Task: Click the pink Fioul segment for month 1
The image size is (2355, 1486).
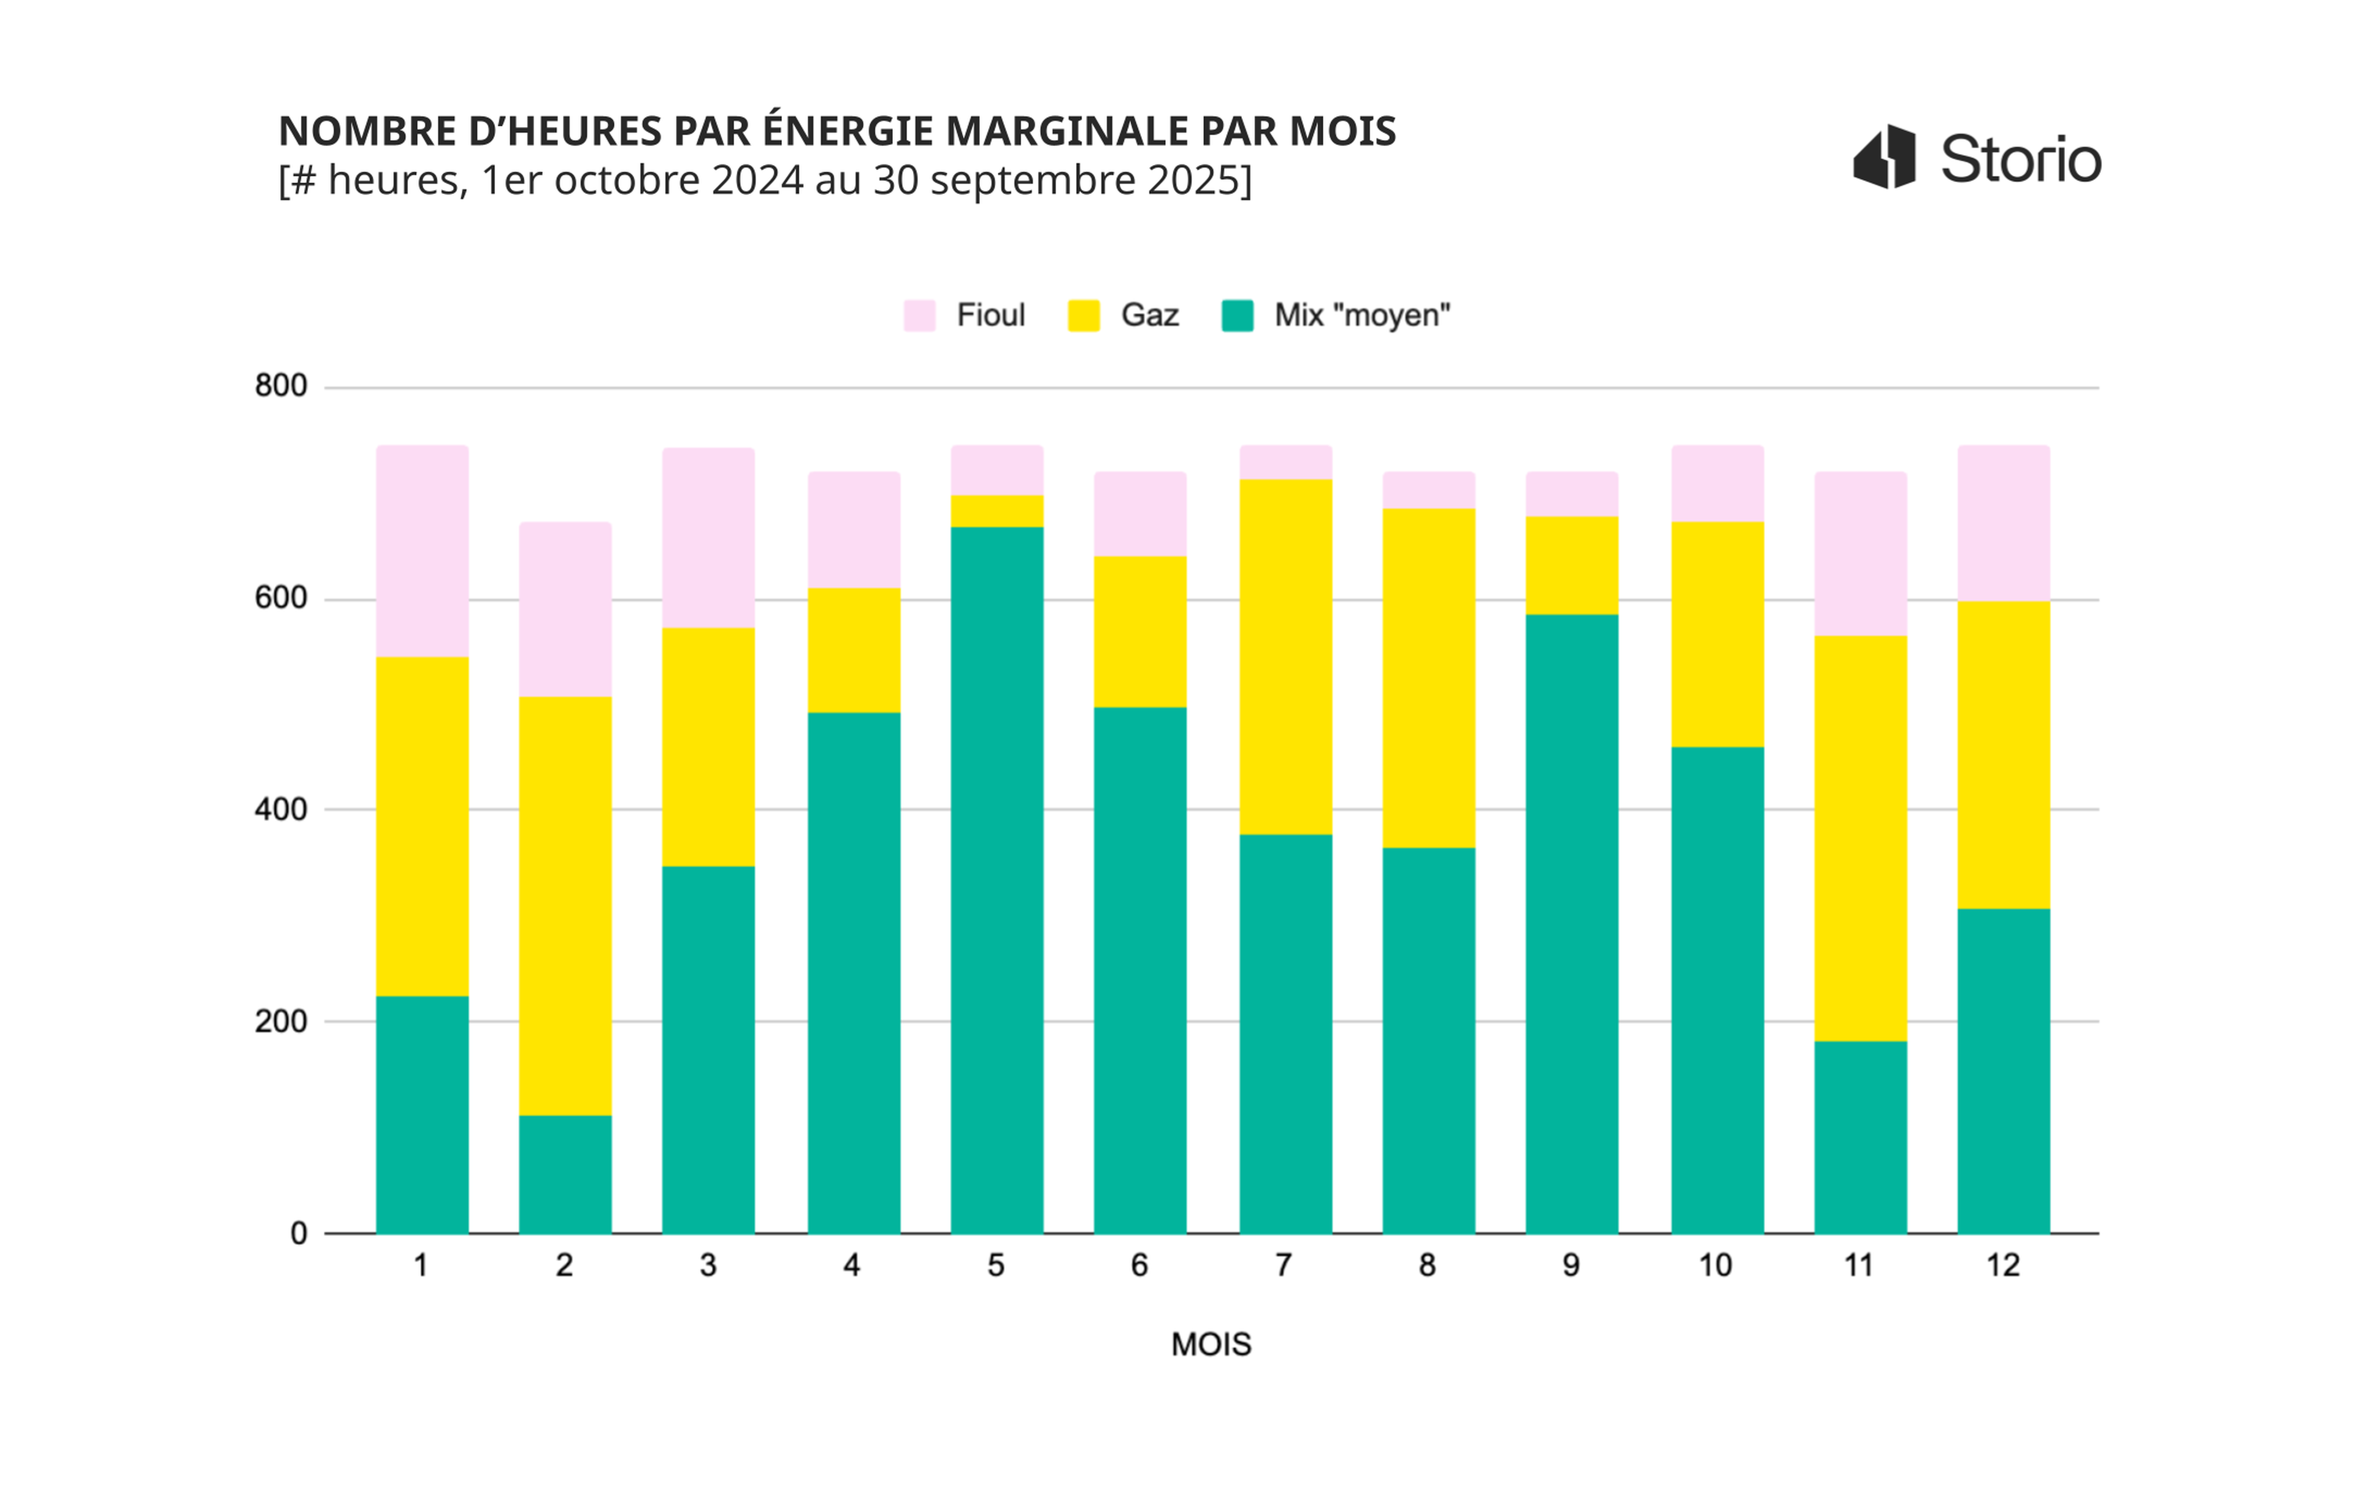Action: [423, 551]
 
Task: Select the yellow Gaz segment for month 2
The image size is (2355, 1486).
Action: [565, 906]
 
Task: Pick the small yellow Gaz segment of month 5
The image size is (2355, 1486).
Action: [997, 510]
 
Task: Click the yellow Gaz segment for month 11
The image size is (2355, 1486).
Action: [1860, 838]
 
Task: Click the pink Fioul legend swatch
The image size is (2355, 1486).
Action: [919, 316]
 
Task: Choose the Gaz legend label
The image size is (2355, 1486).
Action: [1149, 315]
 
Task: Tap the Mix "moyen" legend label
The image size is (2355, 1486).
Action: [1361, 315]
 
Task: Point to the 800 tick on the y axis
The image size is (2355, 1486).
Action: [281, 385]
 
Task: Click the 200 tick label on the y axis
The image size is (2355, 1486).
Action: [281, 1022]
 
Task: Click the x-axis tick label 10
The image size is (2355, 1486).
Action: [1715, 1266]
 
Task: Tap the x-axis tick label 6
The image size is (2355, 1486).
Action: [1139, 1266]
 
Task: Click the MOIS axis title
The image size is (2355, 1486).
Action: [1211, 1345]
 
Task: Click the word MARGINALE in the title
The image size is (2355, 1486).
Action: [1070, 131]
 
